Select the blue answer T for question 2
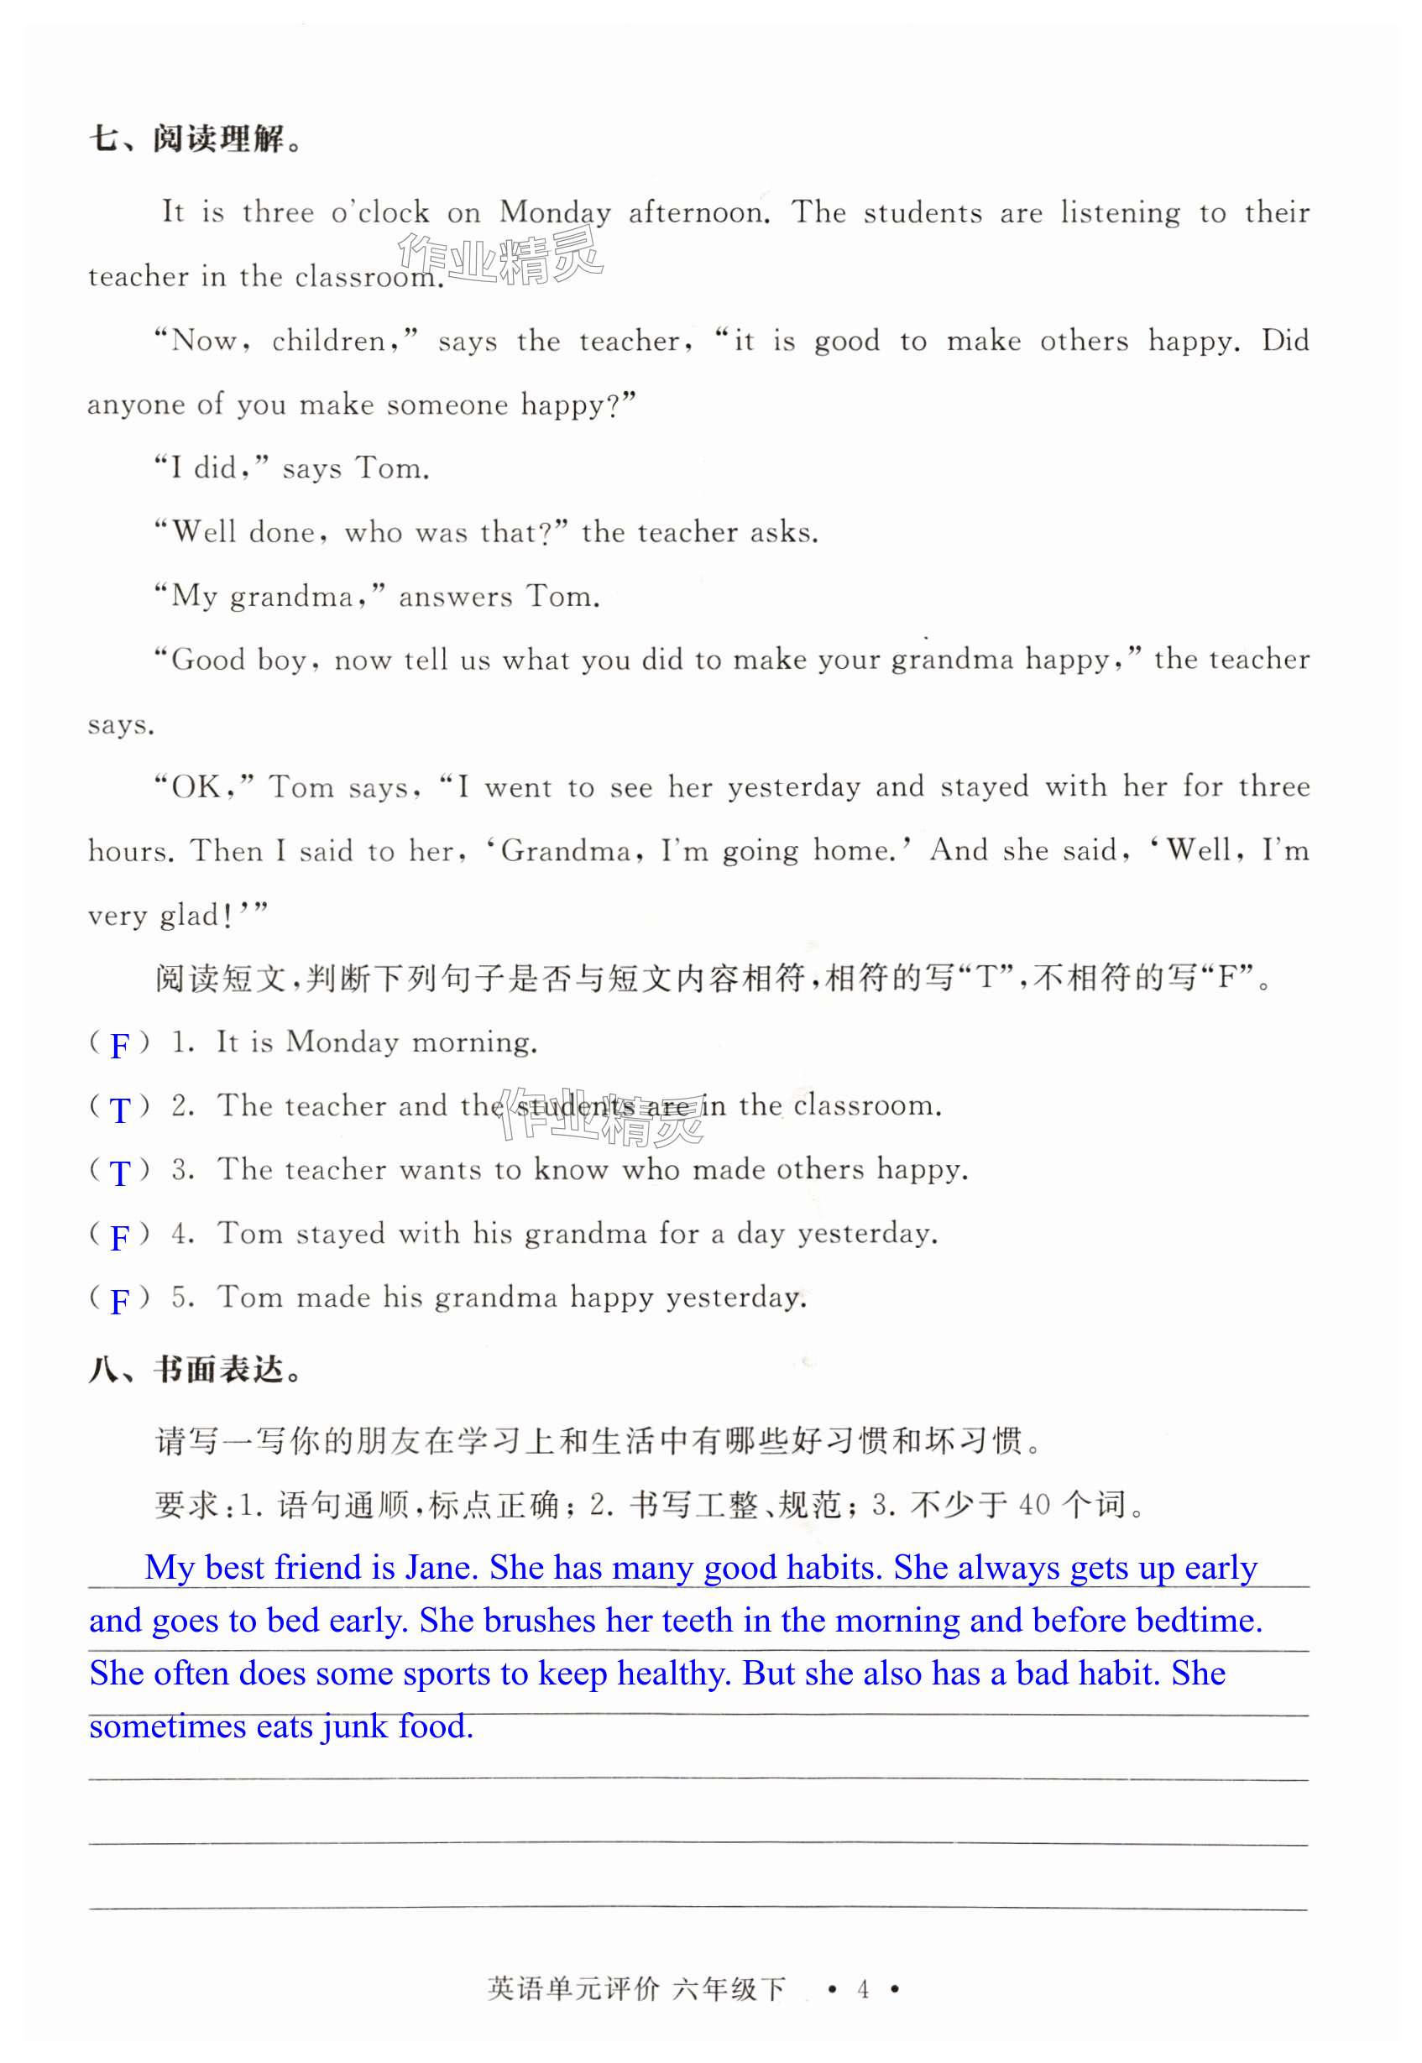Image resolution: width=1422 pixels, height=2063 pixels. coord(119,1110)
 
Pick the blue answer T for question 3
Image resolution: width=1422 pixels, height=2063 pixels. coord(119,1173)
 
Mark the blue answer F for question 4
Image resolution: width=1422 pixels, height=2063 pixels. coord(119,1237)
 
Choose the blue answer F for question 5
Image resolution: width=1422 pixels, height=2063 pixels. coord(119,1302)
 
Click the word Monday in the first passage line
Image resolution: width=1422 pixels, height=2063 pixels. coord(555,213)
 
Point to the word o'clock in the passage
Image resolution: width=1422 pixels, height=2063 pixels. coord(380,213)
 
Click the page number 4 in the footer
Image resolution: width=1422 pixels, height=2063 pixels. coord(862,1989)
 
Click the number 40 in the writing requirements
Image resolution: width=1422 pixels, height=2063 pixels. coord(1034,1506)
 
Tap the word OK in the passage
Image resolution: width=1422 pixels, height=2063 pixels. coord(196,787)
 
